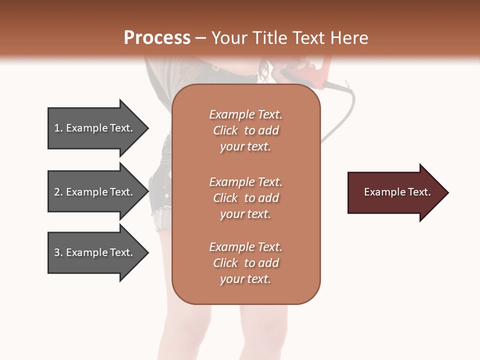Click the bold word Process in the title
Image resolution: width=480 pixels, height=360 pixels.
click(x=157, y=38)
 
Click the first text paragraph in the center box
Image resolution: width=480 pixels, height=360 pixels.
click(x=245, y=130)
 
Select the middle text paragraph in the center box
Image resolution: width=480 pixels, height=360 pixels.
click(x=245, y=198)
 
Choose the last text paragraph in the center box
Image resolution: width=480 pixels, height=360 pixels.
click(x=245, y=263)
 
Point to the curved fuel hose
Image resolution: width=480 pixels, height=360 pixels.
click(x=348, y=115)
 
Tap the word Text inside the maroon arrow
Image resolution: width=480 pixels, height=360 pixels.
click(x=419, y=192)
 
